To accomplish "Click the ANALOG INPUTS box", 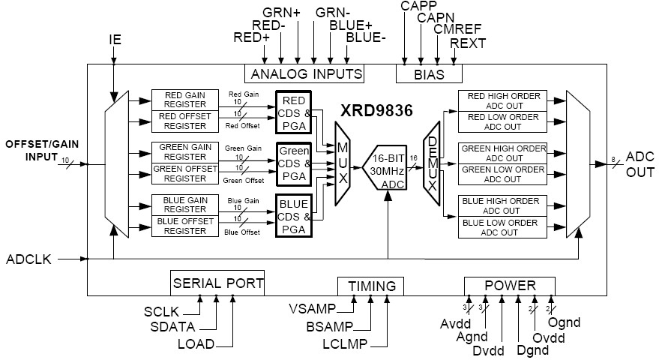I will pos(306,73).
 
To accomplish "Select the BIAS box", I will pos(429,73).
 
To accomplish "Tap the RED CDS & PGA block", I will pos(293,111).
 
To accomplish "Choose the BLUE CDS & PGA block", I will pos(293,214).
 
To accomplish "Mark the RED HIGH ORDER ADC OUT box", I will pos(503,100).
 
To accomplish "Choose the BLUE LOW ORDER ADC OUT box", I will pos(503,228).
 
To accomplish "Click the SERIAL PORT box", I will pos(217,283).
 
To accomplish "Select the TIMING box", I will pos(370,286).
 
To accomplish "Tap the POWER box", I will pos(510,286).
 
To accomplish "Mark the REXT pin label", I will pos(468,43).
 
